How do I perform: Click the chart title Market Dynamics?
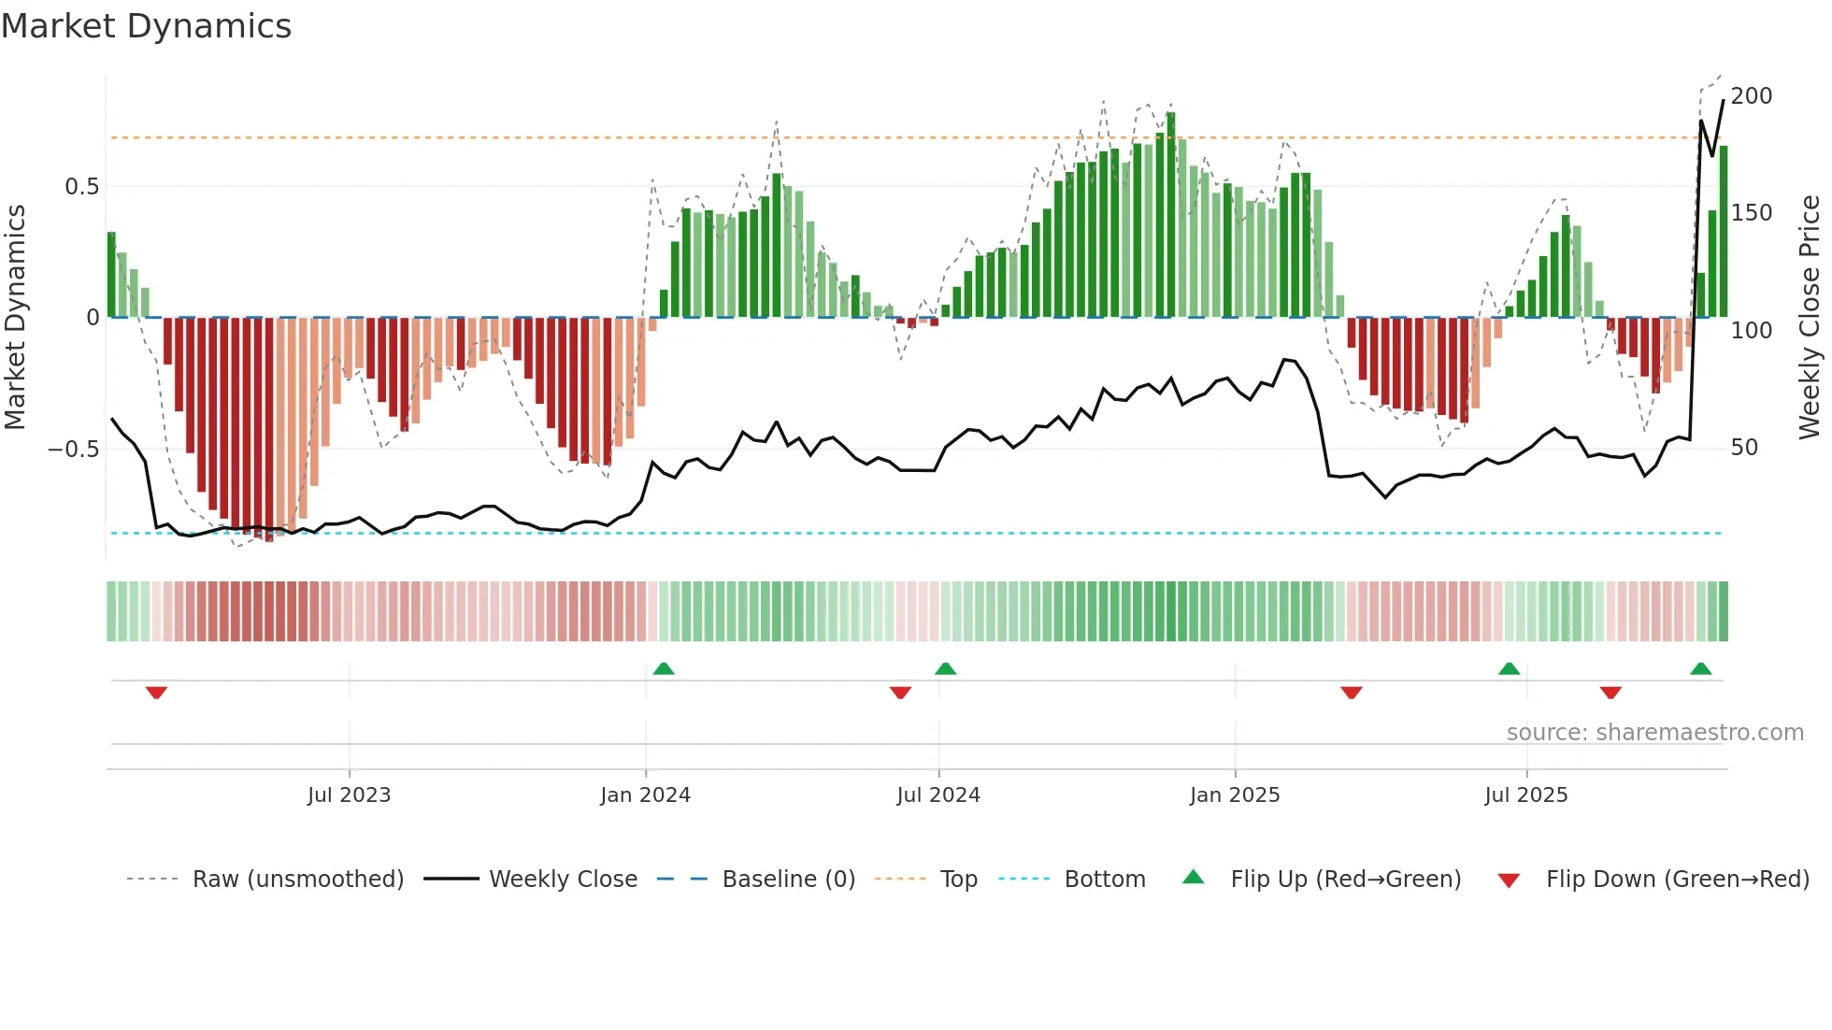146,26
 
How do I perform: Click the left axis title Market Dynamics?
15,317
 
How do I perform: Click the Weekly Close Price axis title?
1810,317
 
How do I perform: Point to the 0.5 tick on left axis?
81,187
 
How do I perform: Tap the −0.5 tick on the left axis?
74,450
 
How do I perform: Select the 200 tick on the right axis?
1751,96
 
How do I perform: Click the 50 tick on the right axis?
1744,448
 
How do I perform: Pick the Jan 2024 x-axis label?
645,795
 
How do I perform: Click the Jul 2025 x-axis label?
1525,795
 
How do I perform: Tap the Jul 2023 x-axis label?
349,795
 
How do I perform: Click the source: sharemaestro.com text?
1654,733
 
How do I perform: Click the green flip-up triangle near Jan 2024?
664,669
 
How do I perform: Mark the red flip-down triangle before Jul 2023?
156,693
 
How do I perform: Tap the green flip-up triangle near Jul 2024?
945,669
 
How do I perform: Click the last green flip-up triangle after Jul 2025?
1700,669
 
